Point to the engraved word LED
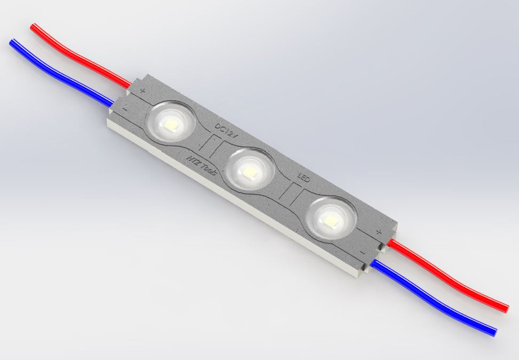[x=303, y=177]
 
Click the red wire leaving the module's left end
[x=84, y=59]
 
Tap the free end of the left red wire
[x=34, y=26]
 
